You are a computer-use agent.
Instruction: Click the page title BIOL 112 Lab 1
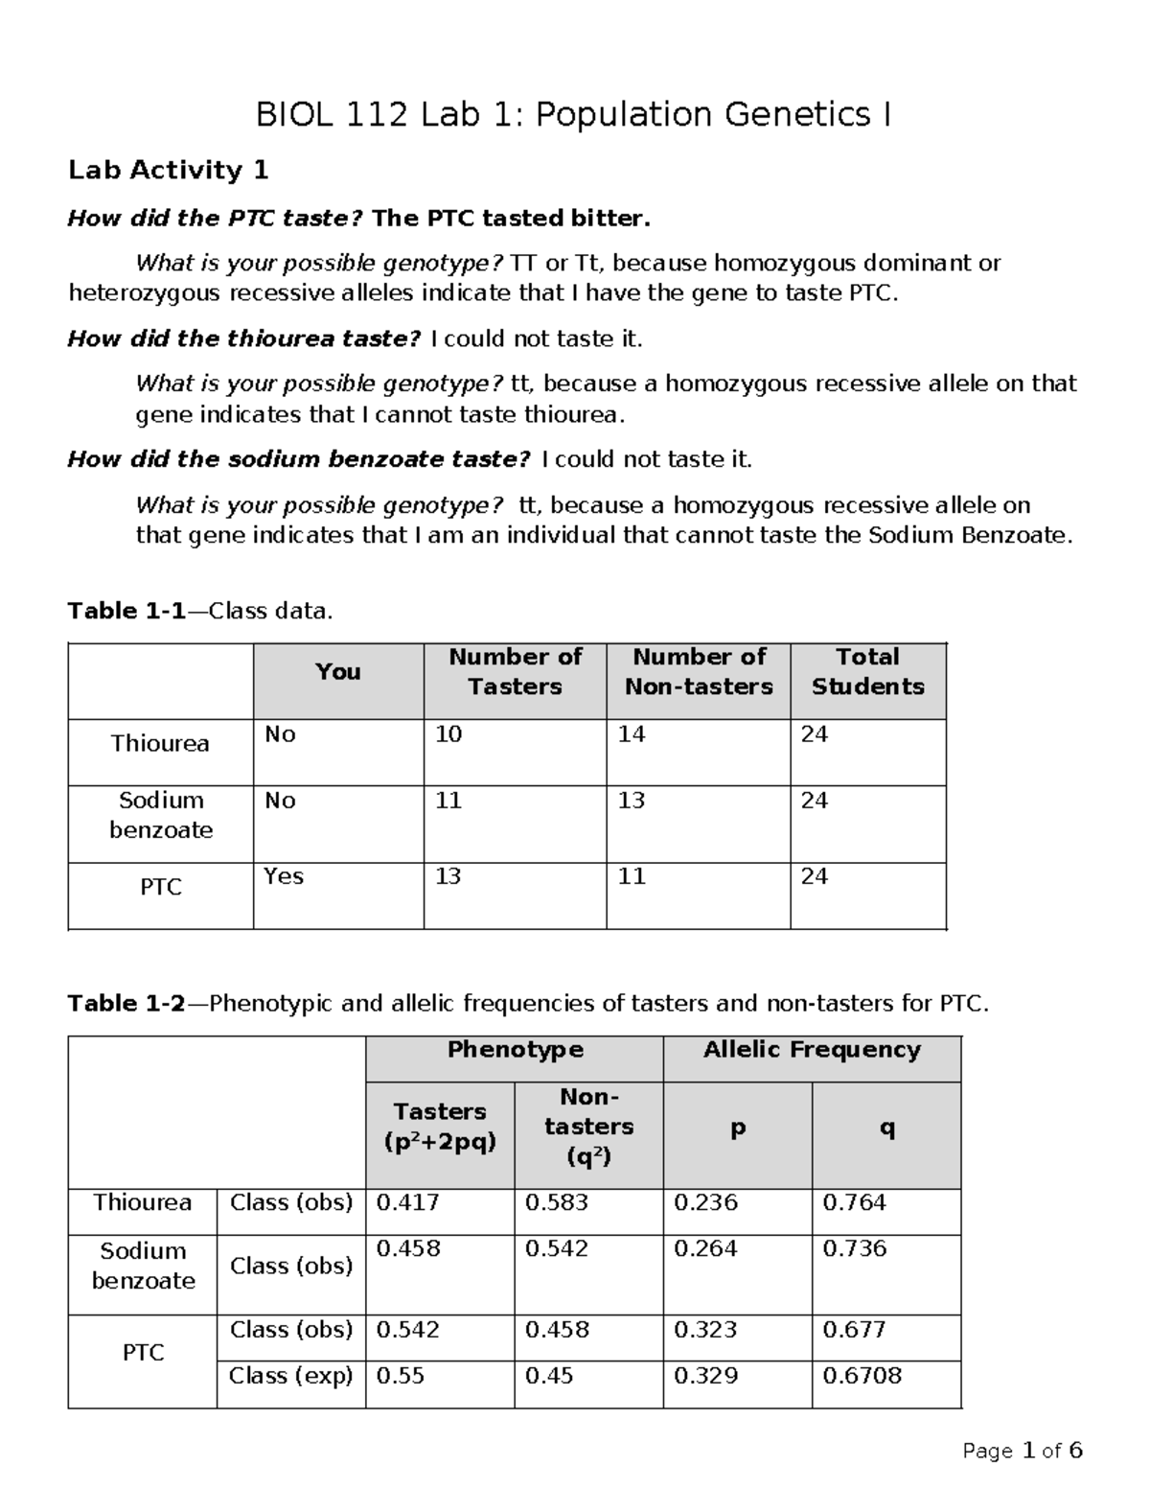pos(573,115)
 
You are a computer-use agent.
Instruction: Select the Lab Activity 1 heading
pos(168,171)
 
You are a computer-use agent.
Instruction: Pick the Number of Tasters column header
pos(515,671)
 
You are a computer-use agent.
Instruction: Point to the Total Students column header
pos(867,671)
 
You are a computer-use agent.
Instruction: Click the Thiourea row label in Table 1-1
pos(160,744)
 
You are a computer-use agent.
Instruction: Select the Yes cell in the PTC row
pos(284,876)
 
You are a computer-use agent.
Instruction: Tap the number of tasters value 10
pos(448,734)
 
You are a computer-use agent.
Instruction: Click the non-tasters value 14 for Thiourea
pos(632,734)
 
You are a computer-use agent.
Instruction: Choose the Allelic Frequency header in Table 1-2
pos(811,1050)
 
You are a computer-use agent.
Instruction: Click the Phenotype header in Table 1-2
pos(515,1050)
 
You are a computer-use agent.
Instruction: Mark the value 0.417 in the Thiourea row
pos(408,1202)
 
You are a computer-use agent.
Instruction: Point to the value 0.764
pos(854,1202)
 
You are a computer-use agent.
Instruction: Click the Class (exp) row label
pos(290,1376)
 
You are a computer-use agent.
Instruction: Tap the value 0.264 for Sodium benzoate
pos(705,1248)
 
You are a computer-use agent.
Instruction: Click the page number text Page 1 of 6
pos(1022,1451)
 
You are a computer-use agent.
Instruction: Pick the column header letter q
pos(886,1128)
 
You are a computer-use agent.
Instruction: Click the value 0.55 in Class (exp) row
pos(399,1376)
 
